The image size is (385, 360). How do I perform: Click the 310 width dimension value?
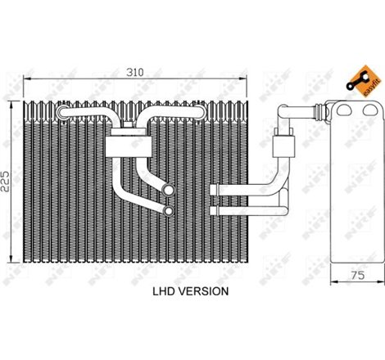click(136, 72)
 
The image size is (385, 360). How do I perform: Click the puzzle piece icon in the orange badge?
click(357, 79)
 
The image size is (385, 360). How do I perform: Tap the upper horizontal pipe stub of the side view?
click(224, 191)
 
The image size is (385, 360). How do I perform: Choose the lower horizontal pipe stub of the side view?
click(224, 208)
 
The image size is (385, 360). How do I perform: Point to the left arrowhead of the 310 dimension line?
click(25, 80)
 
